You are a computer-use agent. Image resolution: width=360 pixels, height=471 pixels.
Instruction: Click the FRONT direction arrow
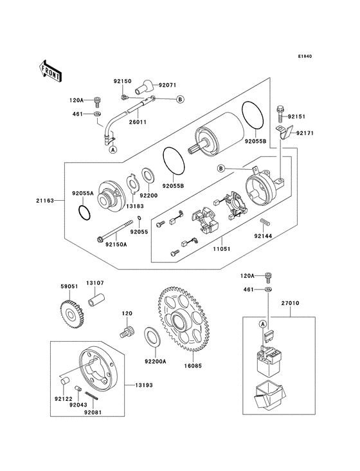pos(50,69)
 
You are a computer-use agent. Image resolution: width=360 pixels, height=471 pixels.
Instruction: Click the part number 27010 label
pos(289,302)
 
